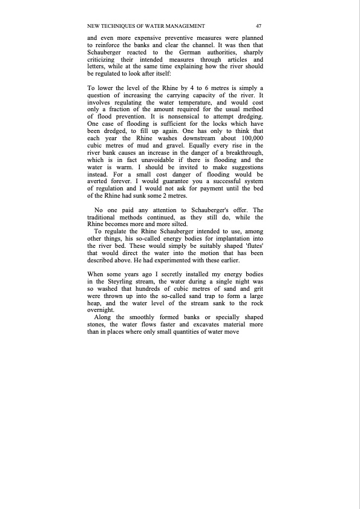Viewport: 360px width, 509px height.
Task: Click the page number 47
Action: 258,26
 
